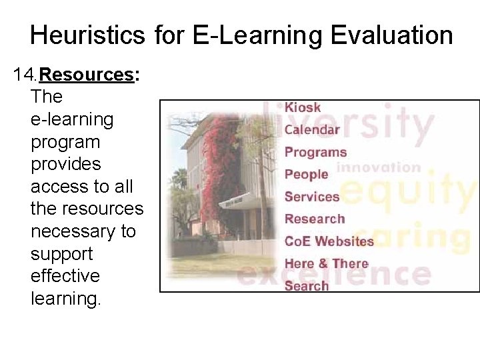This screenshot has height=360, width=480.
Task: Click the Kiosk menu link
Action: coord(303,107)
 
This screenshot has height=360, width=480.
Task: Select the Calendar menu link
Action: coord(312,129)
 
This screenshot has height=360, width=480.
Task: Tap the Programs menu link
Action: coord(315,152)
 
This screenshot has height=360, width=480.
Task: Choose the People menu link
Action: coord(306,174)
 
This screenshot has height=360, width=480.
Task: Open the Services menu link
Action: coord(312,197)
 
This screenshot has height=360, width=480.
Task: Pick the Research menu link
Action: coord(315,219)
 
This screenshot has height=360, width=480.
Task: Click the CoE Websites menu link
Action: coord(329,241)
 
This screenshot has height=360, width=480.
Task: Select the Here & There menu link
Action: coord(326,263)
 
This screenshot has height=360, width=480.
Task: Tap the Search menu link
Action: coord(307,286)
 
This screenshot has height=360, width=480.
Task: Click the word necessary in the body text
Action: coord(83,231)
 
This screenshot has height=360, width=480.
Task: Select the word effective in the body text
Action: coord(65,276)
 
